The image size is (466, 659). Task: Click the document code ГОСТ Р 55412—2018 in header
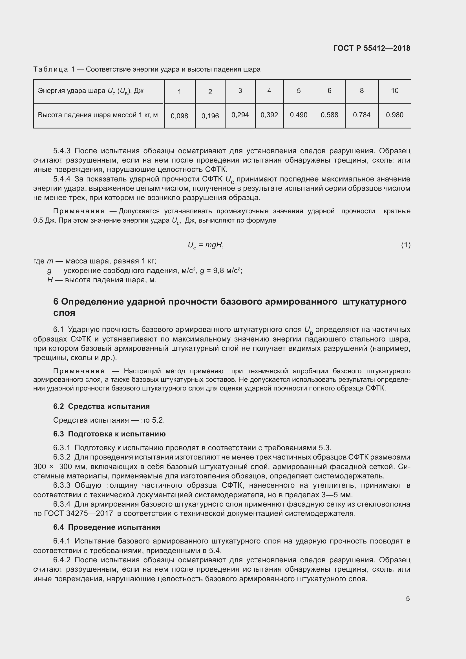[372, 48]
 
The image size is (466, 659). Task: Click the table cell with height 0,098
[179, 116]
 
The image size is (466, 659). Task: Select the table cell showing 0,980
[394, 115]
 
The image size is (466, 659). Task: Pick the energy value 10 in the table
[394, 91]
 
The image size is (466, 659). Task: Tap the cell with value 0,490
[299, 115]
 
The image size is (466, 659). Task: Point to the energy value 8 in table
[361, 91]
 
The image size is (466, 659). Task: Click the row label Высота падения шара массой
[98, 115]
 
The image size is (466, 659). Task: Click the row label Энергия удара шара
[90, 91]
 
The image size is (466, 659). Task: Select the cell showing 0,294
[240, 115]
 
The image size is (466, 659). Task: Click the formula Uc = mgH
[206, 245]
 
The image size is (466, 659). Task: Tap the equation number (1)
[406, 245]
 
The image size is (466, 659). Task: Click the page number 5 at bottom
[408, 598]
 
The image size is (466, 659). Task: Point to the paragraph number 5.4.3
[62, 151]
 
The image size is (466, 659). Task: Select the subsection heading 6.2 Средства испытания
[101, 407]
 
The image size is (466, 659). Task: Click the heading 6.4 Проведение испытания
[107, 527]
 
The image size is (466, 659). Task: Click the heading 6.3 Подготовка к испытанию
[109, 434]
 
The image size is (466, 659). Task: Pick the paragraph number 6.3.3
[62, 485]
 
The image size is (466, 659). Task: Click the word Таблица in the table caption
[50, 70]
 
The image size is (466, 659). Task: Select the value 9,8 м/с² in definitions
[228, 271]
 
